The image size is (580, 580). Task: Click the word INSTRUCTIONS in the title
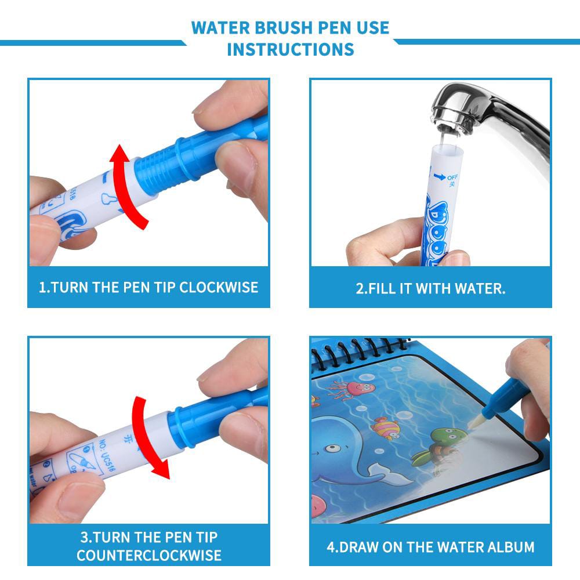coord(290,49)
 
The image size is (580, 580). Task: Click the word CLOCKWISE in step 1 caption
coord(219,287)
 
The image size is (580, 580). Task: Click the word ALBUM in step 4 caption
coord(506,546)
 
